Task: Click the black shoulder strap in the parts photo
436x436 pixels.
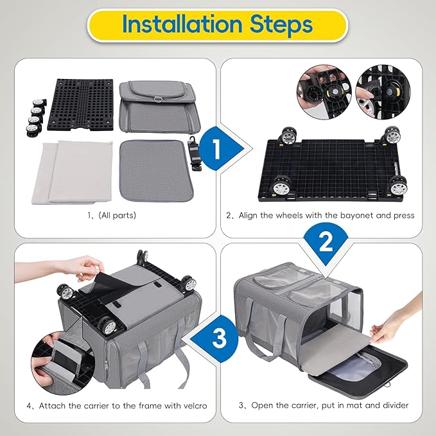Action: [193, 154]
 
